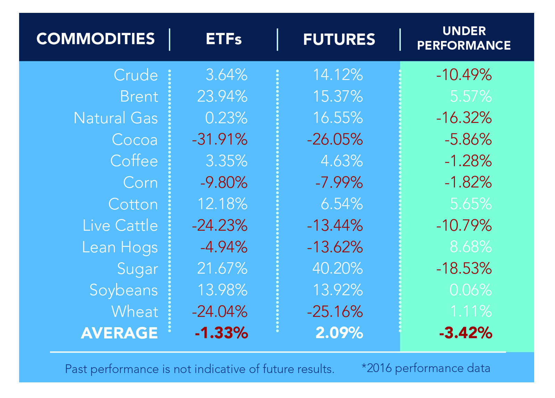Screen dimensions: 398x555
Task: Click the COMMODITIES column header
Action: [x=96, y=39]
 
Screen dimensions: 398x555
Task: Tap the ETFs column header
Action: [x=223, y=39]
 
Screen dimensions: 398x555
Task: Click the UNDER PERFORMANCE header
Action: [x=464, y=38]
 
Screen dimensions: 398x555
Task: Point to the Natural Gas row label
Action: [x=116, y=118]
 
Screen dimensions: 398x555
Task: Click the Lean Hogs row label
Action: [x=120, y=247]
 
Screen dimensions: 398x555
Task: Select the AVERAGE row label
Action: [x=119, y=333]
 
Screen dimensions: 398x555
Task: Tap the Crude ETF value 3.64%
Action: [x=226, y=75]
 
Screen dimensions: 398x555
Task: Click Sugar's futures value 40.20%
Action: [x=337, y=268]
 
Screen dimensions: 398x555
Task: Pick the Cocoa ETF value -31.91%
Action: [x=219, y=139]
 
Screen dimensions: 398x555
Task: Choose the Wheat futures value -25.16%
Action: [x=335, y=311]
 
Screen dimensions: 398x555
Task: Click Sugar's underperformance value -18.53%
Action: [x=464, y=268]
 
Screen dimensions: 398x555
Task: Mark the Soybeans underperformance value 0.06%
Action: [x=470, y=290]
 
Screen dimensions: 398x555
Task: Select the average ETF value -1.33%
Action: [x=221, y=333]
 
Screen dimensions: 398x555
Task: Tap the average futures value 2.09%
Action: [x=339, y=333]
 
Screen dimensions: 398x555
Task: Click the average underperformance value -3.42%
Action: [x=465, y=333]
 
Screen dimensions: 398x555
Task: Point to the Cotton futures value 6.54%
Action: [x=341, y=204]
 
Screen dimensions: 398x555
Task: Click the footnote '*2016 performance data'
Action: [x=425, y=368]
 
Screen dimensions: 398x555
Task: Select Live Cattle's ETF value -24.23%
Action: [x=219, y=226]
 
